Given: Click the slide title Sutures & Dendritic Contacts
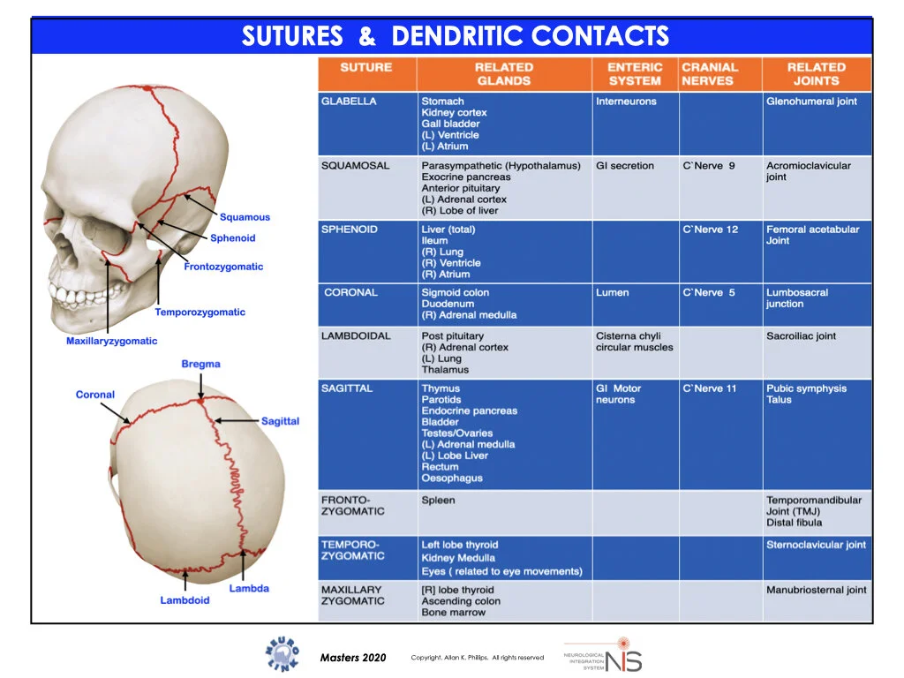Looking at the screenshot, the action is point(455,36).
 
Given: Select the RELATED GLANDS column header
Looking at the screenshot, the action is point(503,73).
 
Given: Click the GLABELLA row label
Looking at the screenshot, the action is point(349,102).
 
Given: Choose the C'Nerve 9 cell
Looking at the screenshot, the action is point(708,166).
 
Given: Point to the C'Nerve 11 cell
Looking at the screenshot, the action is point(709,388).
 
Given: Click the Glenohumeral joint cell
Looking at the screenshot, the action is point(811,102).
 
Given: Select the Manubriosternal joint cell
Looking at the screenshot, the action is point(816,590).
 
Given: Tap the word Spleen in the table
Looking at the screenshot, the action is point(438,501).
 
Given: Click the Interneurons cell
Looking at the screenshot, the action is point(626,102).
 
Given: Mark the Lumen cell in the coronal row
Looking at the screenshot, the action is point(613,293).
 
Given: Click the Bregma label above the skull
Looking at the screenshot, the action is point(200,364).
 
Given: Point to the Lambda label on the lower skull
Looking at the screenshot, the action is point(249,588).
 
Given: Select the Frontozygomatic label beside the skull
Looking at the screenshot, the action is point(223,267).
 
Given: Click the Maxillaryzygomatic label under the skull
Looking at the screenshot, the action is point(111,341).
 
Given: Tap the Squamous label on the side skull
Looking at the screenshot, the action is point(245,217).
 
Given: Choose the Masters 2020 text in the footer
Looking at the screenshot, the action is point(353,658).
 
